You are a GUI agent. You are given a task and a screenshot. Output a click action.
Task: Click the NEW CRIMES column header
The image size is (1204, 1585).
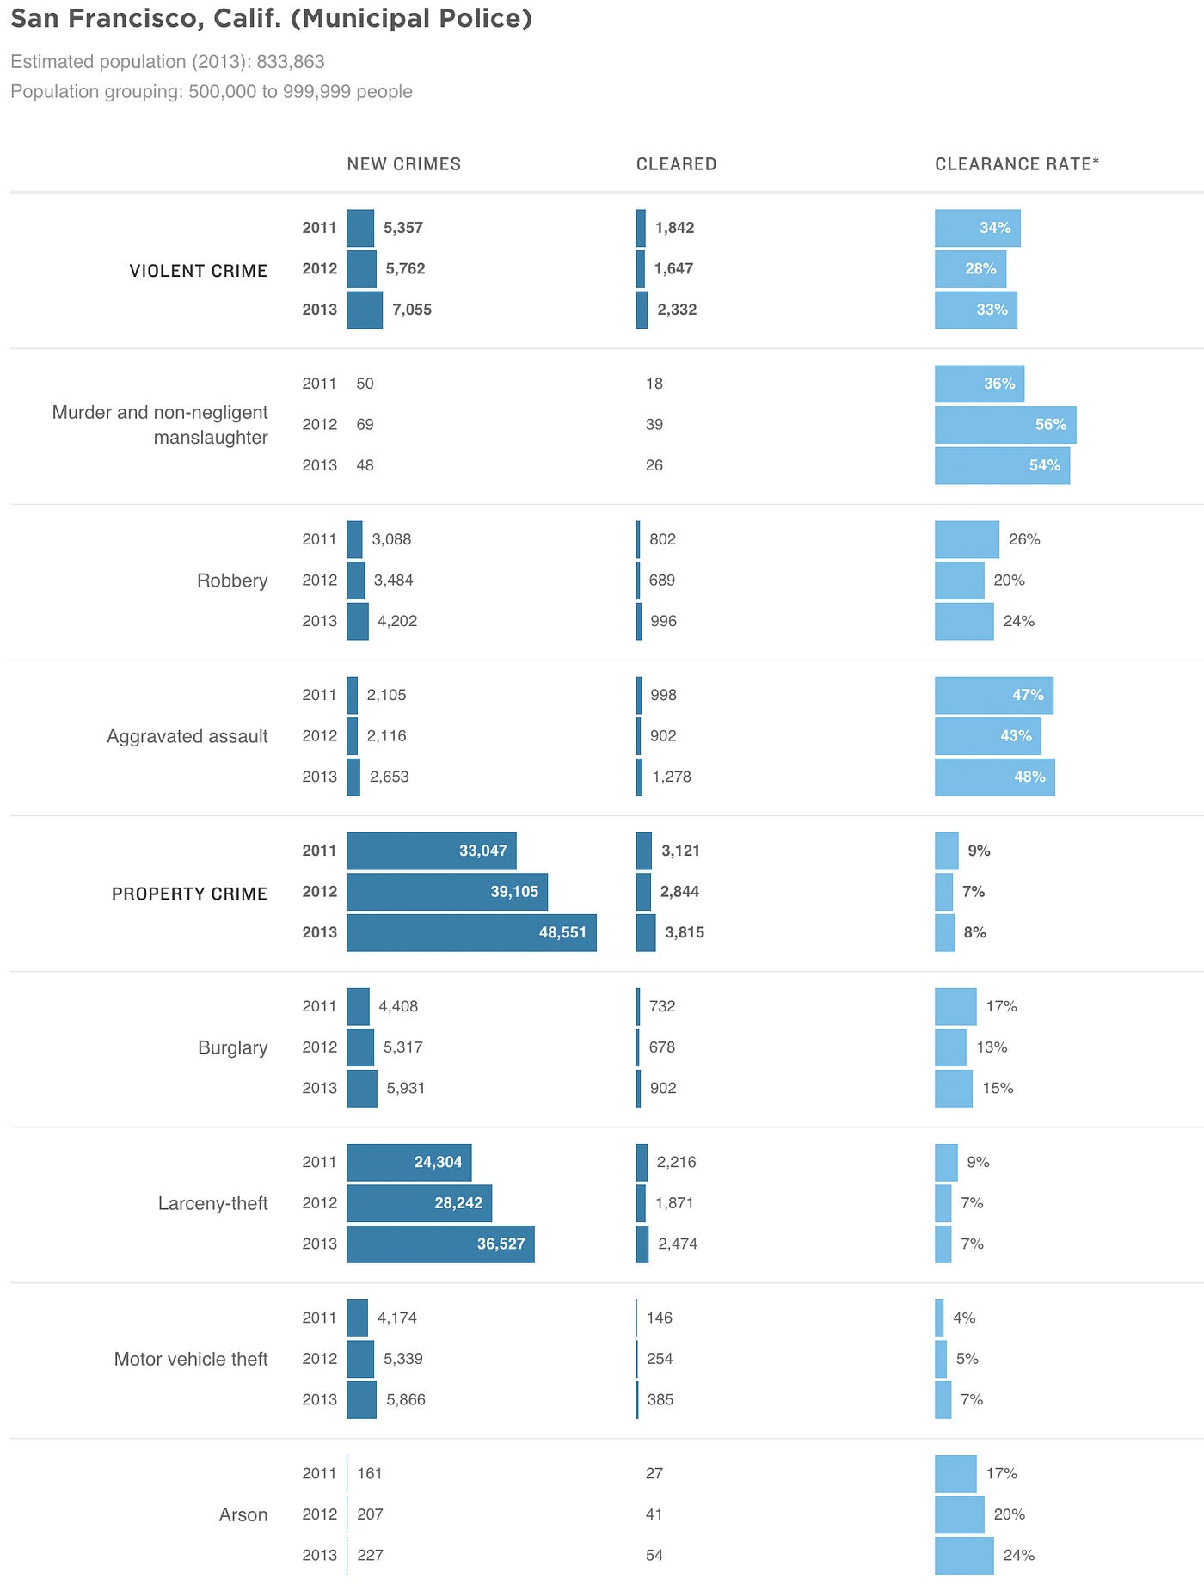point(403,164)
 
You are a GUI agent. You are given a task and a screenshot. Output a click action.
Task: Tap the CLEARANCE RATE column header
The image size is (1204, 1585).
point(1017,164)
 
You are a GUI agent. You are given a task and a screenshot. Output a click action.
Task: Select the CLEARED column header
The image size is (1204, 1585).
point(676,164)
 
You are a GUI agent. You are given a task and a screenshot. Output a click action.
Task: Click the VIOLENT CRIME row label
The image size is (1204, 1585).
point(199,271)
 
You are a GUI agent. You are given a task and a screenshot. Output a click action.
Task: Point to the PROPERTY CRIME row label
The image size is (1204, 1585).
point(189,894)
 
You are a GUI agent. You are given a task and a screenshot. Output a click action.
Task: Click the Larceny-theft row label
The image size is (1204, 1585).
point(212,1203)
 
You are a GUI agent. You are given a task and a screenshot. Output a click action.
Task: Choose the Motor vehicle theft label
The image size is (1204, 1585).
point(191,1359)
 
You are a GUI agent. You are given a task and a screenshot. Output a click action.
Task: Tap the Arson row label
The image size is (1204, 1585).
point(243,1514)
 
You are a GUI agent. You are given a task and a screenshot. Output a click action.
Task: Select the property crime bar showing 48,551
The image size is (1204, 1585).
point(471,932)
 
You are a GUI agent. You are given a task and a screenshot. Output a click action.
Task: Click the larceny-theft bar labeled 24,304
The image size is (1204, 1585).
point(408,1162)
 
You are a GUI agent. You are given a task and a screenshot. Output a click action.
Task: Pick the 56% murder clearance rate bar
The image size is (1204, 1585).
point(1005,425)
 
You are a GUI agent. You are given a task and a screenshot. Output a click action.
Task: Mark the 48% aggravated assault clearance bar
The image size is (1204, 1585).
point(994,777)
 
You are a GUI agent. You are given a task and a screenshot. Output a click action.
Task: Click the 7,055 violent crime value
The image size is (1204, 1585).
point(412,310)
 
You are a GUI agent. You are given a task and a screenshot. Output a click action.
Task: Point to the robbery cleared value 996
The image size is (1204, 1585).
point(663,621)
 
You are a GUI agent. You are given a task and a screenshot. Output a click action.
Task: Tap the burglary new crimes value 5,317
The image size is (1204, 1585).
point(403,1047)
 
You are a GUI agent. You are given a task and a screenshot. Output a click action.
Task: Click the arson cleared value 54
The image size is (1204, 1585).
point(654,1555)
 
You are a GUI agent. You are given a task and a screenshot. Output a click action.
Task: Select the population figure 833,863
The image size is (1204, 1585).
point(291,62)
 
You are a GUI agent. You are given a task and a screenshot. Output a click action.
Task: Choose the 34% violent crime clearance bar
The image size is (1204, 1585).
point(977,228)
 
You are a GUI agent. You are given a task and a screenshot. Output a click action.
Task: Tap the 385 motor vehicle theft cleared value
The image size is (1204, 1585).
point(660,1399)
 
